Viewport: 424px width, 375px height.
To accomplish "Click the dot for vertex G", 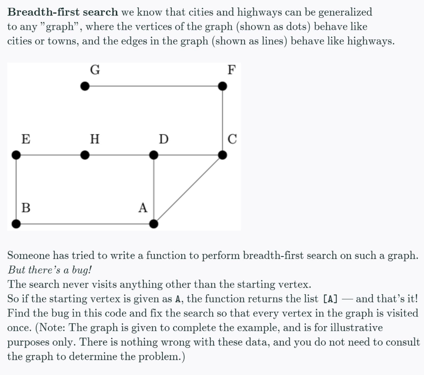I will pyautogui.click(x=85, y=86).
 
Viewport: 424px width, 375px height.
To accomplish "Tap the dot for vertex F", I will pyautogui.click(x=222, y=86).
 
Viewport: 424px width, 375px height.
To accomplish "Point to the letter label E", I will pyautogui.click(x=25, y=139).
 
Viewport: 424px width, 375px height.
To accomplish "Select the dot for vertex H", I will pyautogui.click(x=85, y=155).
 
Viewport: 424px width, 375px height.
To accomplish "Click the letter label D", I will pyautogui.click(x=164, y=139).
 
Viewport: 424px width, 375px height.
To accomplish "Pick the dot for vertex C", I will pyautogui.click(x=222, y=155).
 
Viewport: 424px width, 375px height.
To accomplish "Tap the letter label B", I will pyautogui.click(x=26, y=207).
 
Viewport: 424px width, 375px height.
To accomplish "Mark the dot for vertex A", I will pyautogui.click(x=154, y=224).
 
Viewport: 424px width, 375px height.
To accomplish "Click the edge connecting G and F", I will pyautogui.click(x=154, y=86).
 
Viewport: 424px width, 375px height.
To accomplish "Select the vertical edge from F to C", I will pyautogui.click(x=222, y=120).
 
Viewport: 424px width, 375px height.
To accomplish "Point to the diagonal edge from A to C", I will pyautogui.click(x=188, y=189).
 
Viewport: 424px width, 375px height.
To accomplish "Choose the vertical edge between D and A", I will pyautogui.click(x=154, y=189).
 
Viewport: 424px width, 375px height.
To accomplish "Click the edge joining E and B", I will pyautogui.click(x=16, y=189).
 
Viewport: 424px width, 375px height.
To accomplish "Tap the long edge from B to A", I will pyautogui.click(x=85, y=224).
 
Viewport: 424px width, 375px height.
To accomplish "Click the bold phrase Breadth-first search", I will pyautogui.click(x=63, y=12).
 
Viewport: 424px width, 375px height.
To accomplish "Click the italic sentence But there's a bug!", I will pyautogui.click(x=50, y=270).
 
